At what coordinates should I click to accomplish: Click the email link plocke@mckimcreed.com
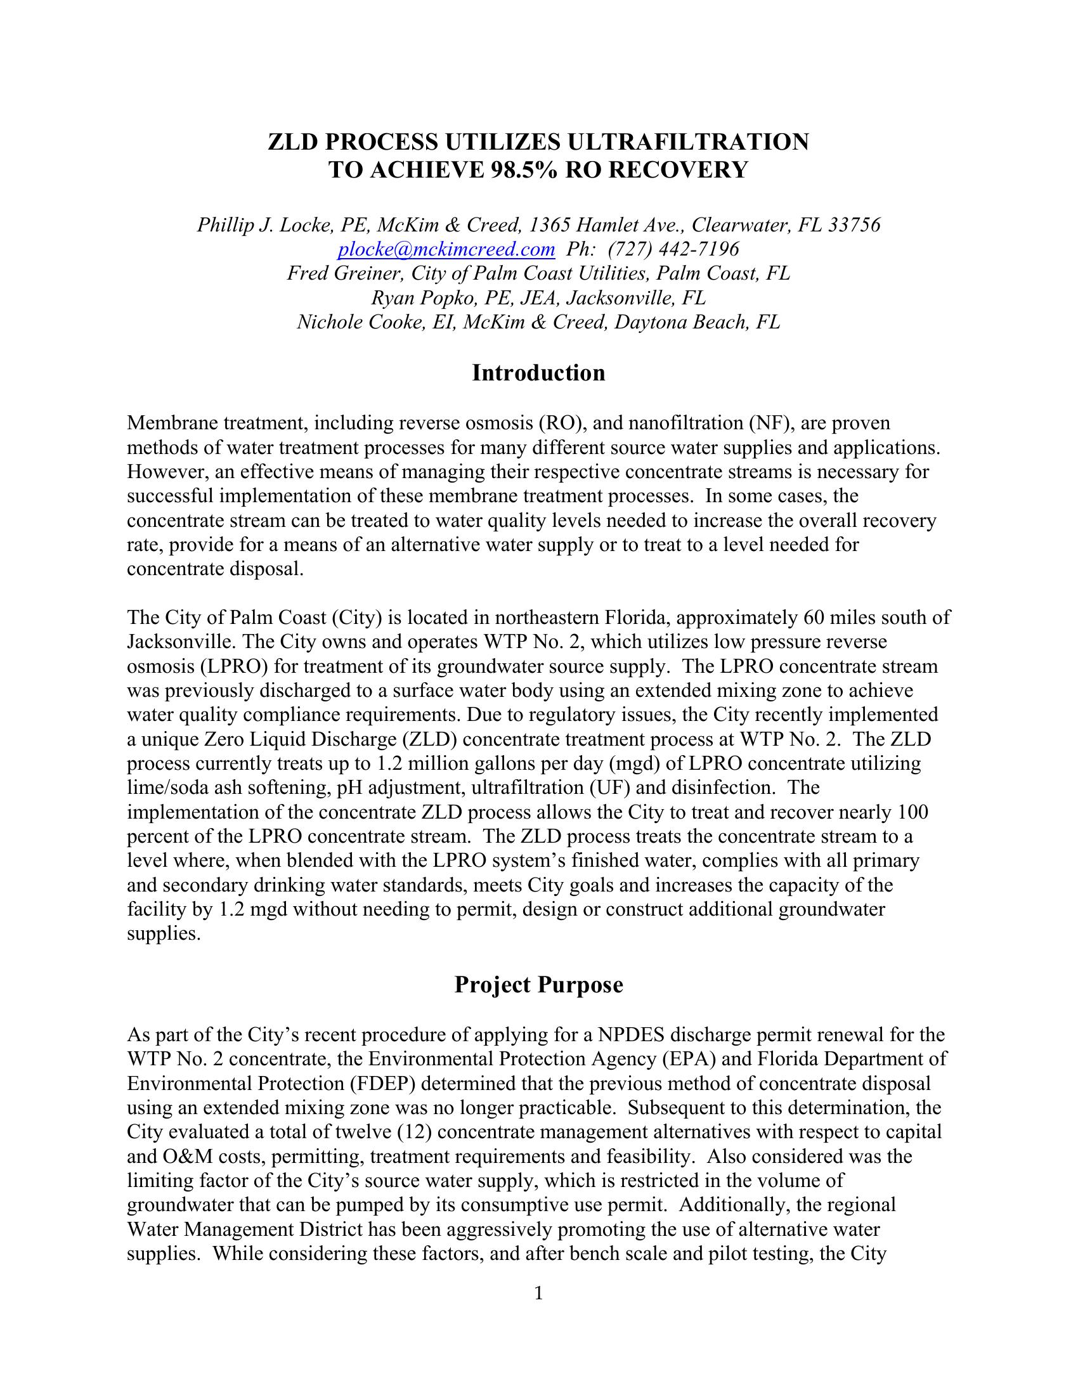click(x=446, y=249)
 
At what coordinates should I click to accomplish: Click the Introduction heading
click(x=538, y=372)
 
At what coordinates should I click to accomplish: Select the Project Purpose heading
click(x=538, y=984)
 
